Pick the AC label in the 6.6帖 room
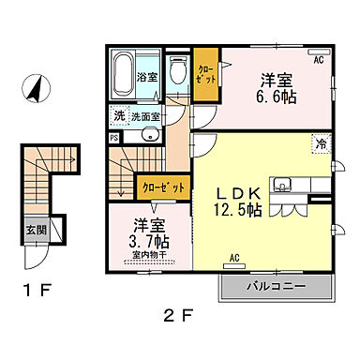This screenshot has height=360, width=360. [319, 60]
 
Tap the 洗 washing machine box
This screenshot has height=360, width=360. [119, 115]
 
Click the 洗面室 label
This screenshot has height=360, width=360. [144, 116]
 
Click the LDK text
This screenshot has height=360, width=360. [240, 187]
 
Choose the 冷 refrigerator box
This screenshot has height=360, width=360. [322, 144]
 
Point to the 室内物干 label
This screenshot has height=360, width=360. [147, 256]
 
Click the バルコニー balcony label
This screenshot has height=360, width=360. [277, 283]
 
